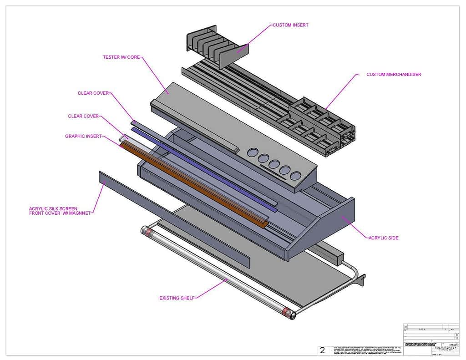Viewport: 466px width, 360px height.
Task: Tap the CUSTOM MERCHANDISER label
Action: [393, 74]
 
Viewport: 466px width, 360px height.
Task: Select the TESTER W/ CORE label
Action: [122, 57]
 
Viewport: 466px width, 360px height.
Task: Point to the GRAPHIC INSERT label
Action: [83, 136]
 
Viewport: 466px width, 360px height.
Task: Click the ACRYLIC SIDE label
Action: [383, 238]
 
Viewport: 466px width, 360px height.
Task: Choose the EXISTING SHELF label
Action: [177, 298]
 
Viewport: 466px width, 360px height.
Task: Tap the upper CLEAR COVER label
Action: [93, 93]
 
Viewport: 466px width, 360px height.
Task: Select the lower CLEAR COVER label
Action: [83, 116]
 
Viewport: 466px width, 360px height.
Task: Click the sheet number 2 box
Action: [323, 350]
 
